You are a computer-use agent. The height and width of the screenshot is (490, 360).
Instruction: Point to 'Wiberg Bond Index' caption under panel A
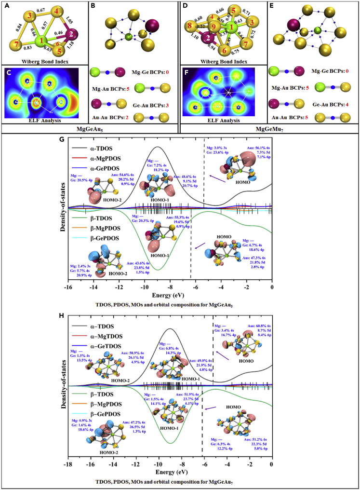44,61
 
